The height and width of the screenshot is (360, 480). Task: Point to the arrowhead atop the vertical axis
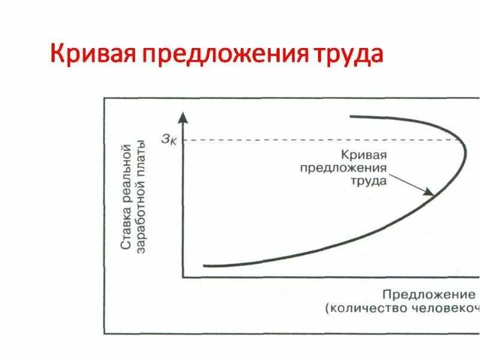click(x=183, y=116)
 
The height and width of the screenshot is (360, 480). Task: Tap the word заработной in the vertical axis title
click(x=142, y=223)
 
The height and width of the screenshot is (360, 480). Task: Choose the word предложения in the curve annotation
click(x=343, y=167)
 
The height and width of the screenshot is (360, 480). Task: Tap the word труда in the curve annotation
click(x=370, y=181)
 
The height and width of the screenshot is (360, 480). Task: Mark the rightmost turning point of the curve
click(x=466, y=148)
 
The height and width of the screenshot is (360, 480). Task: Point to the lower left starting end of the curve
click(x=205, y=265)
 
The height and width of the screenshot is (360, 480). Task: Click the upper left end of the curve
click(x=351, y=116)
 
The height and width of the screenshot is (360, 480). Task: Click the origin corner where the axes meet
click(x=183, y=277)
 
